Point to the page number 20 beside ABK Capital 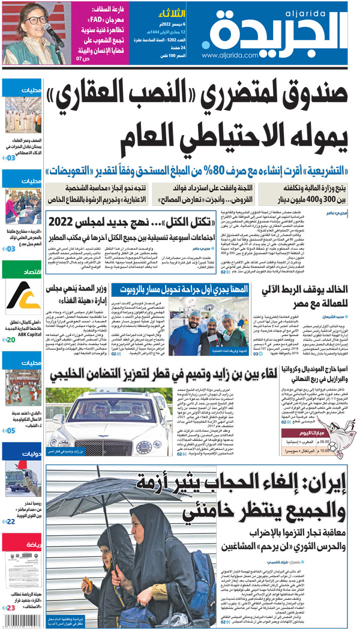(10, 340)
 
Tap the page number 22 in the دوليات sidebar (10, 522)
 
